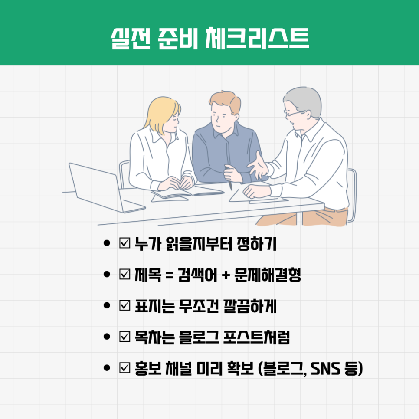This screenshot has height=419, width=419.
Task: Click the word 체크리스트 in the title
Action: pyautogui.click(x=257, y=39)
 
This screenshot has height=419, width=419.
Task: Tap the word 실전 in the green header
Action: pyautogui.click(x=131, y=39)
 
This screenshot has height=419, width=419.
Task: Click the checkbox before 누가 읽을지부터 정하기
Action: pyautogui.click(x=124, y=243)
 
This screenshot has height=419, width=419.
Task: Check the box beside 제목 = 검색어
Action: pyautogui.click(x=124, y=274)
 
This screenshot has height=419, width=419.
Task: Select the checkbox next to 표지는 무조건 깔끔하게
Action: pyautogui.click(x=124, y=305)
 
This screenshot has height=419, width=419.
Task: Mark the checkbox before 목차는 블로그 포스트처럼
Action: pyautogui.click(x=124, y=337)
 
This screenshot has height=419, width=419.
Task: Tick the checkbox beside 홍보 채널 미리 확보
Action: pyautogui.click(x=124, y=368)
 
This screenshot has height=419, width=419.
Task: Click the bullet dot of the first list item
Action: pyautogui.click(x=107, y=243)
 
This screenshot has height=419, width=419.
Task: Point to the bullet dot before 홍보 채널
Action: pyautogui.click(x=107, y=368)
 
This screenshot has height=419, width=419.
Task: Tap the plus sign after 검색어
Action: pyautogui.click(x=226, y=275)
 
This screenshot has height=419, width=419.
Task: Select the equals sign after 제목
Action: pyautogui.click(x=170, y=275)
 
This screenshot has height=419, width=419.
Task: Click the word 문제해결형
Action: pyautogui.click(x=268, y=275)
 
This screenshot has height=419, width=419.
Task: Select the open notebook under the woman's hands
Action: pyautogui.click(x=187, y=194)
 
